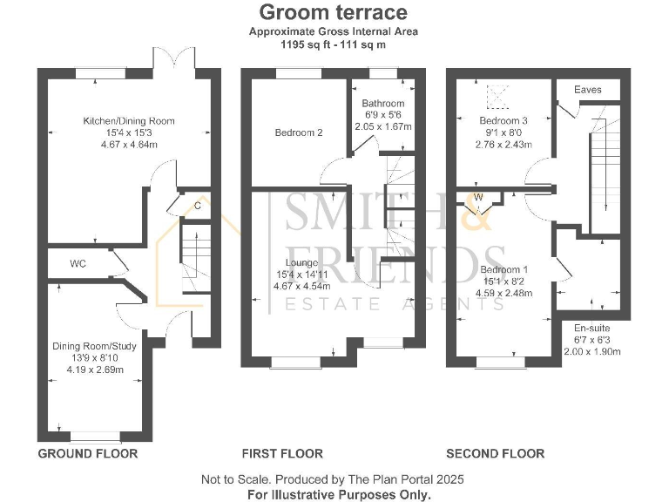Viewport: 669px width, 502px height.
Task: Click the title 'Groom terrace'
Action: click(x=334, y=12)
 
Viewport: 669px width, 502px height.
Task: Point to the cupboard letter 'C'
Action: click(x=198, y=206)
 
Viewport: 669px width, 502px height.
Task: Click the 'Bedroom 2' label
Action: click(x=299, y=132)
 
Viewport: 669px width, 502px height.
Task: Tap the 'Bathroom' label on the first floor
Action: click(x=383, y=103)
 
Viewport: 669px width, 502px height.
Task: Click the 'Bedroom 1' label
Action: click(x=503, y=269)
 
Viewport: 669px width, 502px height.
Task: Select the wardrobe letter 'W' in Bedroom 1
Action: click(x=478, y=197)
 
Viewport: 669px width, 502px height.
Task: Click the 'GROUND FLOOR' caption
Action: click(x=88, y=453)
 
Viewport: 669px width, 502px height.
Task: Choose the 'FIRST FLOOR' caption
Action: click(x=281, y=453)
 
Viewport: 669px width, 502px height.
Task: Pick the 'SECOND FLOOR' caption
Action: click(x=495, y=453)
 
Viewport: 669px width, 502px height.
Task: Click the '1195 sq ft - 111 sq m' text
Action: click(x=334, y=43)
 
